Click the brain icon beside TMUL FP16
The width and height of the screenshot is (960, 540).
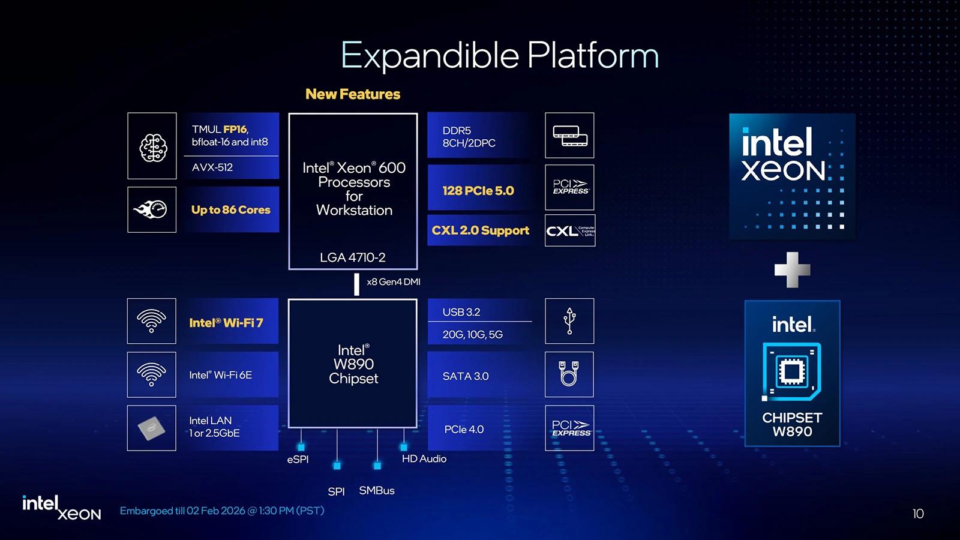coord(152,146)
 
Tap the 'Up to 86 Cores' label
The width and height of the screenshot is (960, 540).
coord(231,210)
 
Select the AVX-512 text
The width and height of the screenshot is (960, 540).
coord(212,167)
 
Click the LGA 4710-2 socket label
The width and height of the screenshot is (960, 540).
coord(353,257)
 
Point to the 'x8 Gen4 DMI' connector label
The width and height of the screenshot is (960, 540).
coord(394,282)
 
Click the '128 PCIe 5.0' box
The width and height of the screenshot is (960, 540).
coord(478,191)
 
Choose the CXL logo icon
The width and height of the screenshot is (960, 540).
coord(569,231)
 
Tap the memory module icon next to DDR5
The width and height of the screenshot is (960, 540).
coord(569,136)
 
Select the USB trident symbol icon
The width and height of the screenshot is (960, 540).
coord(569,321)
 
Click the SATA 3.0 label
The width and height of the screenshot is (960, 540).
coord(466,376)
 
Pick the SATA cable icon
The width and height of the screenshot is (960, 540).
coord(569,374)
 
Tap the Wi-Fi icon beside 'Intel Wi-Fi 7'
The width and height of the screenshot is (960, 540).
coord(152,321)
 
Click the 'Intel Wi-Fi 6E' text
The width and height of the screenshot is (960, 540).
coord(221,375)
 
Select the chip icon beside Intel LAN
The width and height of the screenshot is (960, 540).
coord(152,428)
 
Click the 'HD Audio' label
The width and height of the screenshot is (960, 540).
coord(424,459)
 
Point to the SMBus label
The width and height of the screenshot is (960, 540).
coord(377,491)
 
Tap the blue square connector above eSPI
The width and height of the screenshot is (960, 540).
coord(301,447)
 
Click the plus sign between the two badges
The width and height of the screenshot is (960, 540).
coord(792,270)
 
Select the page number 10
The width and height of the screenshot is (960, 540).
coord(918,514)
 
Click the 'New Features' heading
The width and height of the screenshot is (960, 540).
coord(353,94)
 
